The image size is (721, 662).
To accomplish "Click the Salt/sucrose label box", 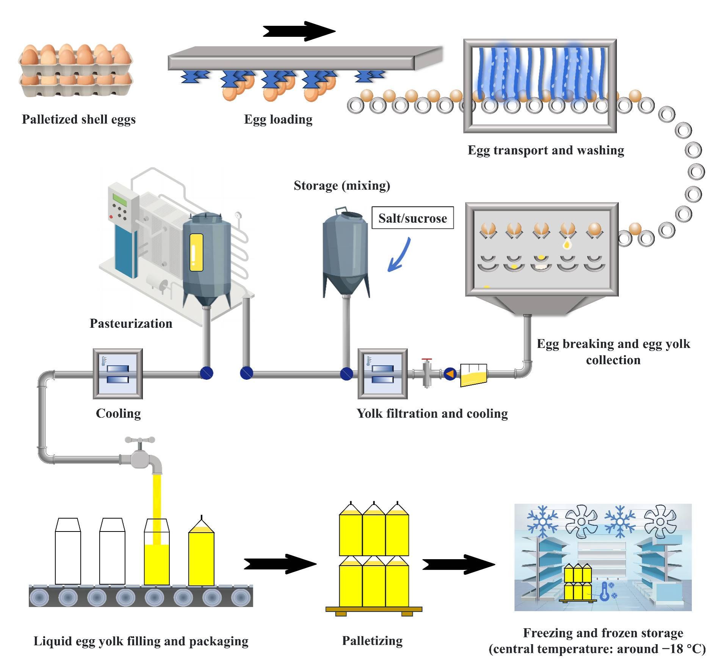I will [x=412, y=218].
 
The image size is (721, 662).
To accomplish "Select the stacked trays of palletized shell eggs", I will [x=76, y=70].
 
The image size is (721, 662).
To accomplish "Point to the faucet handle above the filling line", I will [x=140, y=440].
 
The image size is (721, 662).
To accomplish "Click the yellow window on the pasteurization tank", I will [x=196, y=252].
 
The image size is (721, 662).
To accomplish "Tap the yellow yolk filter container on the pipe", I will [x=473, y=375].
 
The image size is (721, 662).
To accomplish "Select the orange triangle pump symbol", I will [x=450, y=374].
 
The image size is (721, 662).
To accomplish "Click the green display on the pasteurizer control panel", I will [x=120, y=199].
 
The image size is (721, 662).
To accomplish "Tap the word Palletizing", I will [x=372, y=640].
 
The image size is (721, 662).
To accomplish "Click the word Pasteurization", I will [x=131, y=323].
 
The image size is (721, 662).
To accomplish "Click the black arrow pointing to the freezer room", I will [x=458, y=565].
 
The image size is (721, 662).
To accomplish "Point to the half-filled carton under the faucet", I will [x=157, y=552].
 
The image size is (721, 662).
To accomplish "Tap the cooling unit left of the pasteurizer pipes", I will [x=118, y=374].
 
